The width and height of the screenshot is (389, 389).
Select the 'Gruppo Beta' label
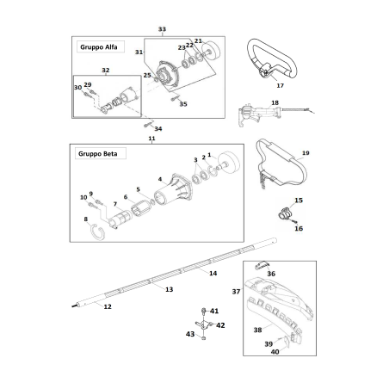(x=97, y=155)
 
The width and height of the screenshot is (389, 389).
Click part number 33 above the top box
(x=162, y=29)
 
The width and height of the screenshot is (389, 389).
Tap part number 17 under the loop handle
(x=279, y=85)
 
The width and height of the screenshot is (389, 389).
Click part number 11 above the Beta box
(x=151, y=138)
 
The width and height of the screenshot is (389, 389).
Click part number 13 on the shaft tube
(x=169, y=289)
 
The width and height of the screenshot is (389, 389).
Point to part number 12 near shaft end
(x=107, y=306)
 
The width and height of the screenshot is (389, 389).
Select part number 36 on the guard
(x=272, y=275)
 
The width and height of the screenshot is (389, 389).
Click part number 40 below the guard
(x=275, y=351)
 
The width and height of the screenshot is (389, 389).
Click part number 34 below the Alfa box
(x=157, y=129)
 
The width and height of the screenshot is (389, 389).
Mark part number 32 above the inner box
(x=105, y=70)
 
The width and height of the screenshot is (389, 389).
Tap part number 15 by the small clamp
(x=299, y=200)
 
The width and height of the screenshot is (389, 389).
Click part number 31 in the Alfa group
(x=139, y=52)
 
